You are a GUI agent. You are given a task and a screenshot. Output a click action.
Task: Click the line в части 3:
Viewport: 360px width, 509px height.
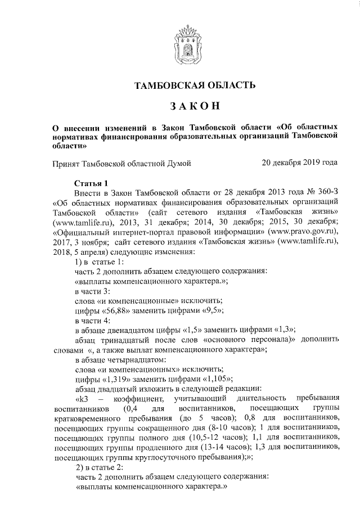tap(93, 291)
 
